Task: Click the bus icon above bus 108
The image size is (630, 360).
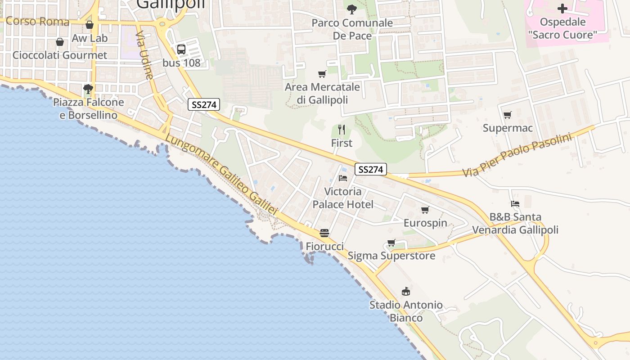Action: tap(181, 49)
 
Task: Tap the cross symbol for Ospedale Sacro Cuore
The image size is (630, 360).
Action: tap(562, 9)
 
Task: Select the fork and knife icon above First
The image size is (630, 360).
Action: tap(342, 130)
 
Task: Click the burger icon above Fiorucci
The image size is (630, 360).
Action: tap(324, 233)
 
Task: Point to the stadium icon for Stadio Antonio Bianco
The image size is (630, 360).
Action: tap(406, 291)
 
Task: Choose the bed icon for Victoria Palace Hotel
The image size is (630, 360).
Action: tap(343, 178)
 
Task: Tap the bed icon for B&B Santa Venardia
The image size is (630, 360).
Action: tap(515, 204)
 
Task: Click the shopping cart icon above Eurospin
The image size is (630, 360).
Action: tap(425, 210)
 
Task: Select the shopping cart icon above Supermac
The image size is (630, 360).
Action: tap(508, 115)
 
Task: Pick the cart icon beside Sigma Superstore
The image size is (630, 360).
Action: tap(391, 243)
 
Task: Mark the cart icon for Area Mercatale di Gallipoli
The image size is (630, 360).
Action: tap(322, 74)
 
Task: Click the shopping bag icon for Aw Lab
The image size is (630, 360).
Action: tap(90, 25)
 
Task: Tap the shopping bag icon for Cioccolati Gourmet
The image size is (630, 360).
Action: tap(60, 42)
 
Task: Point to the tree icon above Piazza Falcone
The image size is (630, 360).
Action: tap(88, 89)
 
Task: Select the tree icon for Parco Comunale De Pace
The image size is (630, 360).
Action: tap(352, 9)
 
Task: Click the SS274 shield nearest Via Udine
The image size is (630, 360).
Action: tap(204, 105)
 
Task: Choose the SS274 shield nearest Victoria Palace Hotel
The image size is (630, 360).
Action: tap(371, 170)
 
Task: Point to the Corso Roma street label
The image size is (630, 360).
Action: tap(38, 21)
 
